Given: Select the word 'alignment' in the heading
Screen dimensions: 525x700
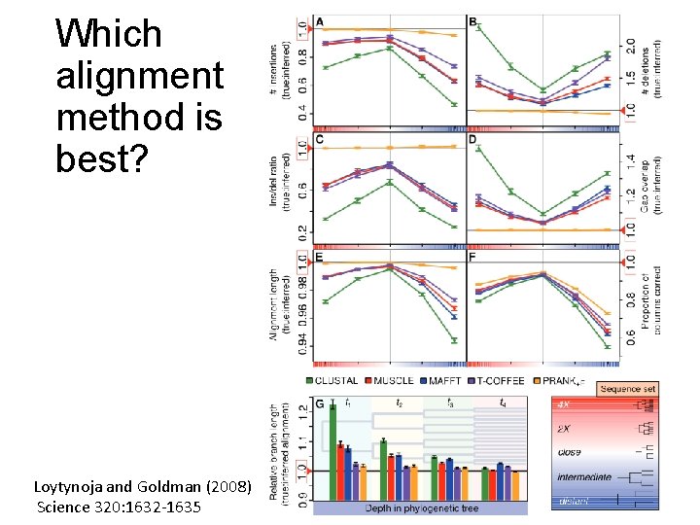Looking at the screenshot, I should pyautogui.click(x=140, y=75).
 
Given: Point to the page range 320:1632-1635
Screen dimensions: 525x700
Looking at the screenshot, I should pyautogui.click(x=150, y=507).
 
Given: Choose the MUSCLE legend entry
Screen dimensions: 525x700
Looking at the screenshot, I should pyautogui.click(x=388, y=381).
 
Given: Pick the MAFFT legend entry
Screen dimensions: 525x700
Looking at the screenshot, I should pyautogui.click(x=440, y=381).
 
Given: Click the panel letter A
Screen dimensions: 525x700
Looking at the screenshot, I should pyautogui.click(x=320, y=21).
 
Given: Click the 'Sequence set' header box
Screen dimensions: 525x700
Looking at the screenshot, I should pyautogui.click(x=627, y=389).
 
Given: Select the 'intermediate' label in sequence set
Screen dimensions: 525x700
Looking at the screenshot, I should pyautogui.click(x=584, y=477).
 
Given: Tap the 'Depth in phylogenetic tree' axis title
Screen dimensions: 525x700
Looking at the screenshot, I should pyautogui.click(x=419, y=508).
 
